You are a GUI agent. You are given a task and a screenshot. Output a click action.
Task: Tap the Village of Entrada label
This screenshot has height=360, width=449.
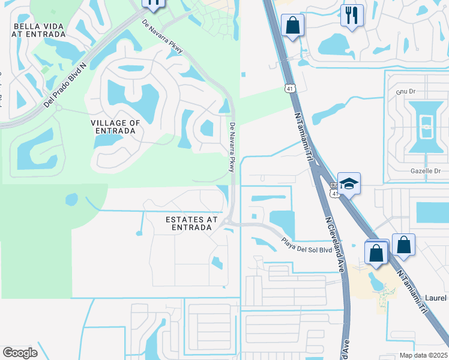pyautogui.click(x=115, y=127)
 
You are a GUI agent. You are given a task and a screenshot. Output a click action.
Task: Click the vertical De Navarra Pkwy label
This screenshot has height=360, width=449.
pyautogui.click(x=232, y=147)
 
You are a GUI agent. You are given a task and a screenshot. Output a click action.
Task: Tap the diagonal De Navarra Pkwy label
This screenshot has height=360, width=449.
pyautogui.click(x=163, y=36)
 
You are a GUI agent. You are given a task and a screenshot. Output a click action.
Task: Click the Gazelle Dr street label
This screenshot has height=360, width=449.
pyautogui.click(x=426, y=172)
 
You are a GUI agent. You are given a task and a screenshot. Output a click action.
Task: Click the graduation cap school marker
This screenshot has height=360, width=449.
pyautogui.click(x=349, y=184)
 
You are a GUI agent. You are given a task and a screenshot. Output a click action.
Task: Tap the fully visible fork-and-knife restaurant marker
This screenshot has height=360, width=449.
pyautogui.click(x=352, y=14)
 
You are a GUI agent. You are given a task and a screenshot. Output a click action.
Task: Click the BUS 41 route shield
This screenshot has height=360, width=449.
pyautogui.click(x=336, y=191)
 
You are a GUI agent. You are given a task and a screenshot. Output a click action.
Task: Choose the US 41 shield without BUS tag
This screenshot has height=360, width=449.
pyautogui.click(x=290, y=88)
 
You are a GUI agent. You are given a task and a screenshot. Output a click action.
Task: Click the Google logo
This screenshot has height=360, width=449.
pyautogui.click(x=20, y=353)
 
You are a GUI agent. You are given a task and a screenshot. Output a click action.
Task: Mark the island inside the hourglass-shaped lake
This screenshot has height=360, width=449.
pyautogui.click(x=426, y=124)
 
